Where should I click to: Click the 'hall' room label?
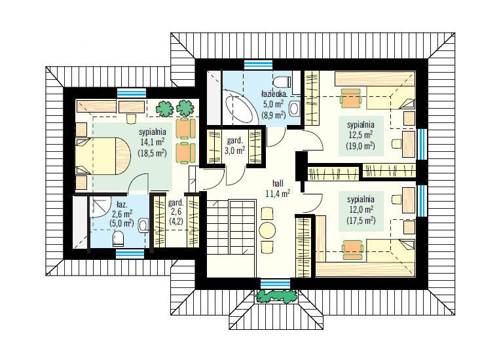click(278, 183)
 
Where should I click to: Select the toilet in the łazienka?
click(282, 82)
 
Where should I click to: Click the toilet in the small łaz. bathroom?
click(119, 239)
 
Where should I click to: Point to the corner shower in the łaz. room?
click(100, 207)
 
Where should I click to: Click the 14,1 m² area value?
click(152, 141)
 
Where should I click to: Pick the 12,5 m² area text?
click(361, 135)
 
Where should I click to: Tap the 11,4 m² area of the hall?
click(278, 193)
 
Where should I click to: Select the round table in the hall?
click(267, 230)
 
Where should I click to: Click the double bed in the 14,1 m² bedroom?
click(103, 156)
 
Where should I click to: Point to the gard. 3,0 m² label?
click(235, 145)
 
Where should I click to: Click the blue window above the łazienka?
click(259, 65)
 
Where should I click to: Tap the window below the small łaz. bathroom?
click(130, 253)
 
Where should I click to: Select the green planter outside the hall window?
click(276, 296)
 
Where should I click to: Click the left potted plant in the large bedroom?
click(164, 109)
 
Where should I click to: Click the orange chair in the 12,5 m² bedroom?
click(351, 98)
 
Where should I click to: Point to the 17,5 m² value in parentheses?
click(361, 221)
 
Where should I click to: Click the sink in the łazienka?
click(295, 109)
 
